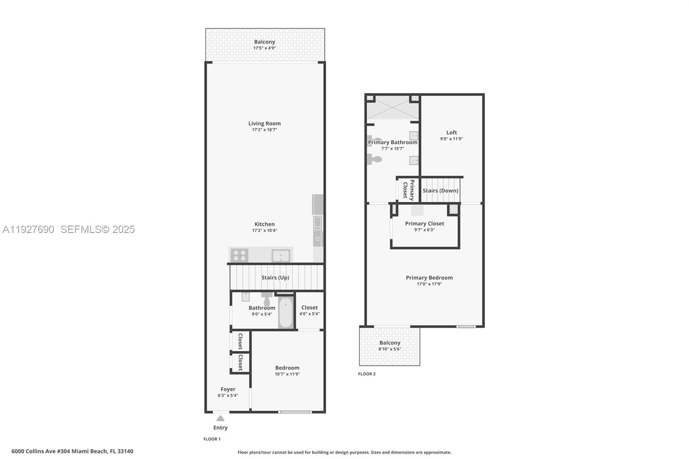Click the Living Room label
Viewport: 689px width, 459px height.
click(264, 124)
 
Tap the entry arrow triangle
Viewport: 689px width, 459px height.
click(220, 419)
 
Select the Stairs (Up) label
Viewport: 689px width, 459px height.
click(275, 278)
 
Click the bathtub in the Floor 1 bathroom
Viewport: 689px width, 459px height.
click(285, 313)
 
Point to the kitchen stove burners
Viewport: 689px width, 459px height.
click(239, 255)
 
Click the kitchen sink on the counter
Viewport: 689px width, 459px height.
click(281, 256)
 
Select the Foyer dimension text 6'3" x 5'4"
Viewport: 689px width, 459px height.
click(228, 395)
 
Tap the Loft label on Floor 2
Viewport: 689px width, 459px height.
click(451, 133)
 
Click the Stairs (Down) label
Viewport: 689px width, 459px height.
click(440, 191)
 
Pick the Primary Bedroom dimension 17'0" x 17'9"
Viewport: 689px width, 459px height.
click(429, 284)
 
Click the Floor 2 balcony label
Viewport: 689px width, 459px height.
click(390, 343)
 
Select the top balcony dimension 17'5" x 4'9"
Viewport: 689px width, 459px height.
click(264, 48)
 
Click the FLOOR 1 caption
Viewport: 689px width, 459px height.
click(212, 439)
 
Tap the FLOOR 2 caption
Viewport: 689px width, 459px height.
click(367, 374)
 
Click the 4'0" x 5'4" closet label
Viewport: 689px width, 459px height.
click(309, 314)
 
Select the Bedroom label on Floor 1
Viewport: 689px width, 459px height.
click(287, 368)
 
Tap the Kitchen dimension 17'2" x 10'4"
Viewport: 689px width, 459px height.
click(264, 230)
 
